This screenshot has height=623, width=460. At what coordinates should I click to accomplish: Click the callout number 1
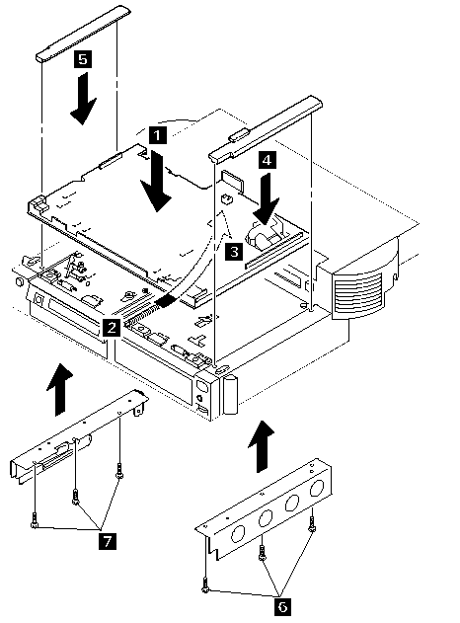pos(157,135)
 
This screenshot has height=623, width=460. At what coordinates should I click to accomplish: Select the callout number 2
pos(112,328)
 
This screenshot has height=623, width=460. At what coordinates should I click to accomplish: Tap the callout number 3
pos(234,252)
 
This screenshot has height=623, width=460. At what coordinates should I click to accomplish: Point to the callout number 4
pos(268,161)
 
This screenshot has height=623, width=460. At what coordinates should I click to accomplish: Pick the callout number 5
pos(83,59)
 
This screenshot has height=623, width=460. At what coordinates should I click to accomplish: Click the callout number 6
pos(282,607)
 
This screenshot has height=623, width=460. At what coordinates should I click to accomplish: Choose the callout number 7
pos(108,540)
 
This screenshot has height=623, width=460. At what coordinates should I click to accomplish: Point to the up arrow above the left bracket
pos(59,389)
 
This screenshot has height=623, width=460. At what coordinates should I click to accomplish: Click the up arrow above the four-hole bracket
pos(261,446)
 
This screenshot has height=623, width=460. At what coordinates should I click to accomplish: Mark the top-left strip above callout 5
pos(84,34)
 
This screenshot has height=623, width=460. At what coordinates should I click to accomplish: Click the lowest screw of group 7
pos(34,520)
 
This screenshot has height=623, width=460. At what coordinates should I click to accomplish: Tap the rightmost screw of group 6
pos(312,525)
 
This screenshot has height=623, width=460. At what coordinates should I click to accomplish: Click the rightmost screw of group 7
pos(118,471)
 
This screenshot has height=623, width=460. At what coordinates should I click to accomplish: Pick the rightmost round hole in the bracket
pos(317,488)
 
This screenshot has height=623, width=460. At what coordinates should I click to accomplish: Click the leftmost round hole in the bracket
pos(238,534)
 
